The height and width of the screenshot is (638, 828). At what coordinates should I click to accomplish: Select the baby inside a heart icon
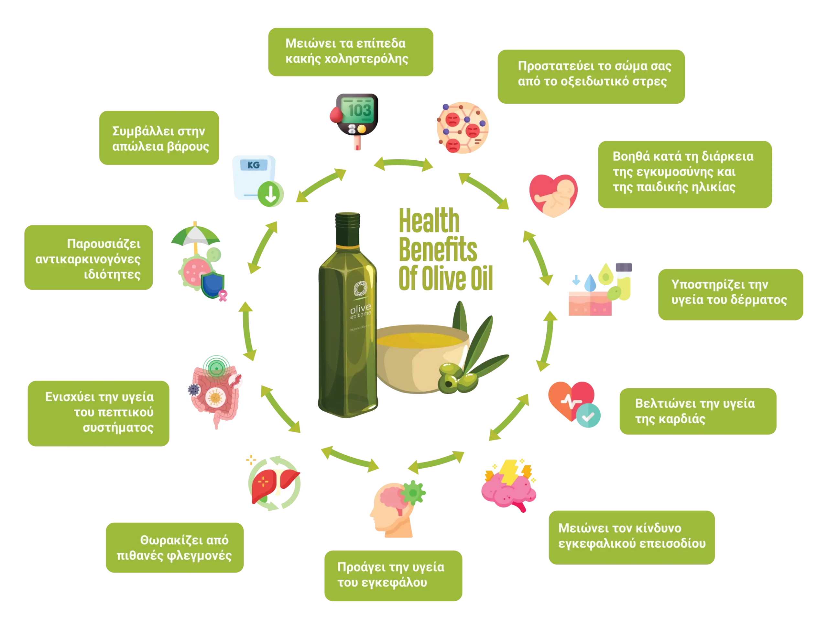(x=553, y=196)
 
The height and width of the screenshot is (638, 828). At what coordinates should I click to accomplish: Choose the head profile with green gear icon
(x=394, y=508)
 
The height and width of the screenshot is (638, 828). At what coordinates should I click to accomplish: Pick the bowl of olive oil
(x=421, y=357)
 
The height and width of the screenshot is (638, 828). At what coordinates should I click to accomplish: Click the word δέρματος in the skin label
(x=758, y=300)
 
